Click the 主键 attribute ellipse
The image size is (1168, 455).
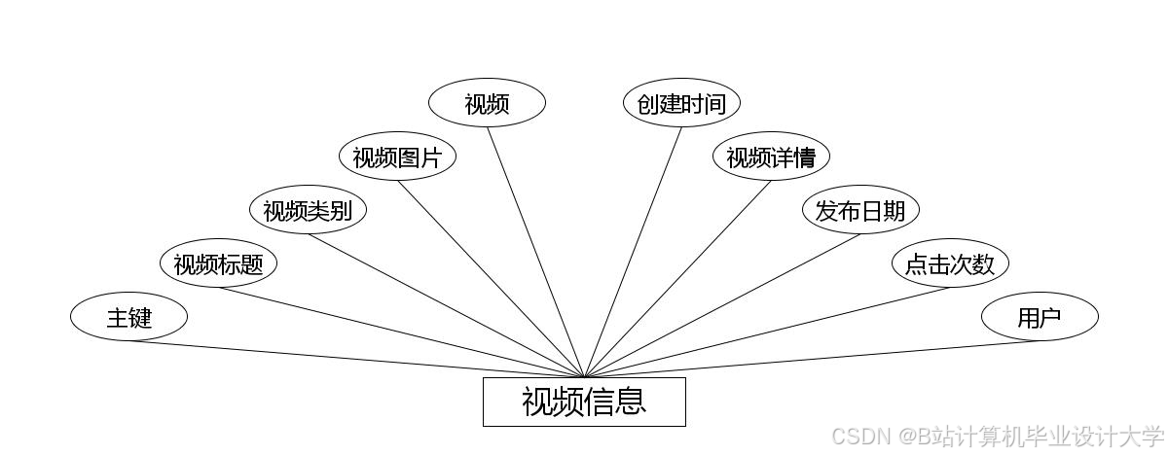[x=128, y=317]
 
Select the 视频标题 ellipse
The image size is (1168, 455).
[x=218, y=263]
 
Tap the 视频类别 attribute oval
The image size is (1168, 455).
[x=308, y=210]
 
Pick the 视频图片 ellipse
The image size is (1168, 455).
[x=397, y=157]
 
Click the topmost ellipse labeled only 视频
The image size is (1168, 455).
[x=487, y=103]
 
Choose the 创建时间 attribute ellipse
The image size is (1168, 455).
[x=681, y=103]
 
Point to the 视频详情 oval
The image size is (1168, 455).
[x=771, y=157]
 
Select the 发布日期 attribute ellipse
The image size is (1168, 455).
[x=860, y=210]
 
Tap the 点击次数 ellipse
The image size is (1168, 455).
[x=950, y=263]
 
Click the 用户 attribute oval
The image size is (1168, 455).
[x=1040, y=317]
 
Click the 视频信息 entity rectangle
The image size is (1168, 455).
[x=584, y=402]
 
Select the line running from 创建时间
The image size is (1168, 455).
[x=633, y=252]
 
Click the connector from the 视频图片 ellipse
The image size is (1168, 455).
[x=491, y=278]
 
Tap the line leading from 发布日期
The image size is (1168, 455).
[x=722, y=305]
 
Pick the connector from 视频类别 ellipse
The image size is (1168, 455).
[x=445, y=305]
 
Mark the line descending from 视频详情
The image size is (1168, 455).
[x=677, y=278]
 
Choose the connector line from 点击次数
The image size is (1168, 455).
[x=767, y=332]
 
